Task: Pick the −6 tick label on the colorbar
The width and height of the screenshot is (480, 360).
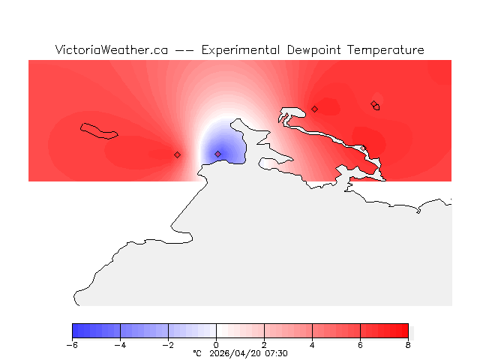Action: point(72,345)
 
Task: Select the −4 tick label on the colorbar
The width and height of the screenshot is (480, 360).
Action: point(120,345)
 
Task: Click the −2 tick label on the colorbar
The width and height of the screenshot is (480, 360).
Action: point(168,345)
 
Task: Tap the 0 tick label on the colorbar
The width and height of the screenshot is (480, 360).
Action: point(216,345)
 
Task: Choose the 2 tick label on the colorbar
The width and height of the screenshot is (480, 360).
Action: point(264,345)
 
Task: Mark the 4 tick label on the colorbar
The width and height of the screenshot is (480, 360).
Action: point(312,345)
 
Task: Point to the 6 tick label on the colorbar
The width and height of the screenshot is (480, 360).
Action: point(360,345)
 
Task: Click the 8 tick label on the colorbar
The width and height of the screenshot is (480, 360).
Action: point(408,345)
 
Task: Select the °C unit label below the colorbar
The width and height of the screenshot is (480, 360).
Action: point(197,353)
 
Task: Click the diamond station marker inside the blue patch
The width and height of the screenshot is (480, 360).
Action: point(218,154)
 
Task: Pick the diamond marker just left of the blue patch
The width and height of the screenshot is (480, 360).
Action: point(178,154)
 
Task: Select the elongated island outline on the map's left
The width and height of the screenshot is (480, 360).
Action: point(99,130)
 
